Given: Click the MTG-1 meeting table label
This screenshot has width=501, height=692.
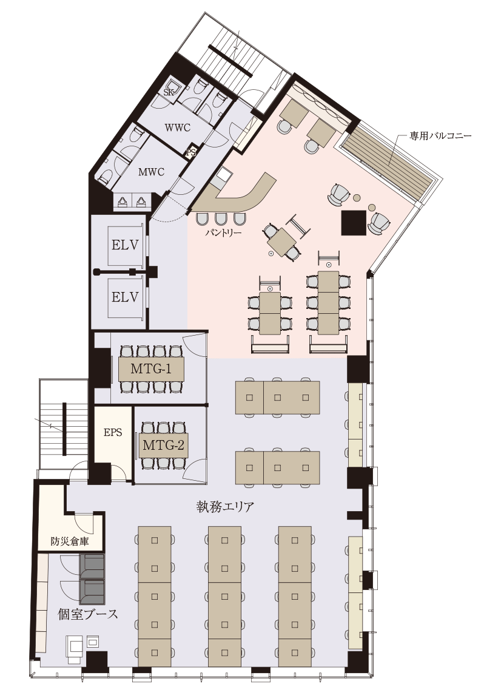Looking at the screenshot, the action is coord(151,368).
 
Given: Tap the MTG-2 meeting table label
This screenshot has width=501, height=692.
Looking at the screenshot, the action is coord(163,446).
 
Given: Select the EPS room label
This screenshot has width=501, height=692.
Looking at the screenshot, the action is coord(113,432).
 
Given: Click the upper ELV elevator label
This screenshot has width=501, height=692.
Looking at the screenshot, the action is coord(125,245).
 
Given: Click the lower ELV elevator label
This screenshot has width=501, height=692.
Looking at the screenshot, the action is coord(125,297).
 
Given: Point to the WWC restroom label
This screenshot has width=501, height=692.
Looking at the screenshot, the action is coord(178,128).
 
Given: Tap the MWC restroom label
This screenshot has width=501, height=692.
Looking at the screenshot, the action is coord(151,172).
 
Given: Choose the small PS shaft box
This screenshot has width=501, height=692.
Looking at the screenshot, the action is coord(191,152).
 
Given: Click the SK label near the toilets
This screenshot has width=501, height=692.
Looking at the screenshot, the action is coord(169,93).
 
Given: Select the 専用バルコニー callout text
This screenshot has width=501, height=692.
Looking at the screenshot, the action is coord(440,135).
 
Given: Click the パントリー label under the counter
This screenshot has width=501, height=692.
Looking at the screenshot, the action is coord(223,232).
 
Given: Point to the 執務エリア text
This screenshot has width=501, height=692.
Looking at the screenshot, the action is coord(226,506).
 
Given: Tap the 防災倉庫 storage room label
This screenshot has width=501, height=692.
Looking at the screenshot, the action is coord(69,541).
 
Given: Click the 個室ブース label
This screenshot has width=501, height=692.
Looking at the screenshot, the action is coord(88,614).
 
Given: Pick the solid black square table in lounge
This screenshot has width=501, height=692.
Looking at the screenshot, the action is coord(354,222).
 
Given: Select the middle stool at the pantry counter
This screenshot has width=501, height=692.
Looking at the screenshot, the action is coord(221,219).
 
